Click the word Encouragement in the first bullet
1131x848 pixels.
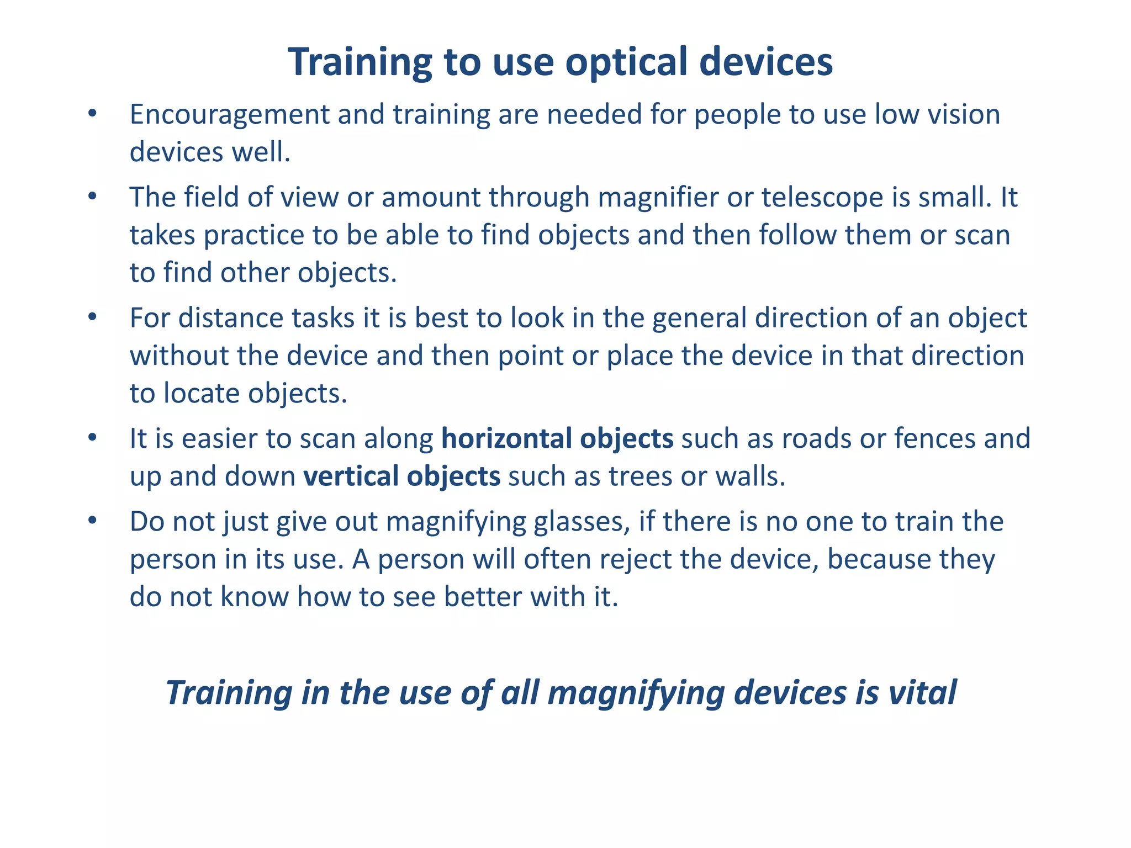pyautogui.click(x=229, y=115)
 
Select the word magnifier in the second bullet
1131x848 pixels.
pyautogui.click(x=658, y=198)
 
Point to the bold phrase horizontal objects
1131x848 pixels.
pyautogui.click(x=557, y=439)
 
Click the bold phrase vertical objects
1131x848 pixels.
pyautogui.click(x=402, y=476)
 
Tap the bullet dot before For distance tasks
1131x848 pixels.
pyautogui.click(x=92, y=317)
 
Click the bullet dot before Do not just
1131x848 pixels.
pyautogui.click(x=92, y=521)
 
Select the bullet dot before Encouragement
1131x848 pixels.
pyautogui.click(x=92, y=114)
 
